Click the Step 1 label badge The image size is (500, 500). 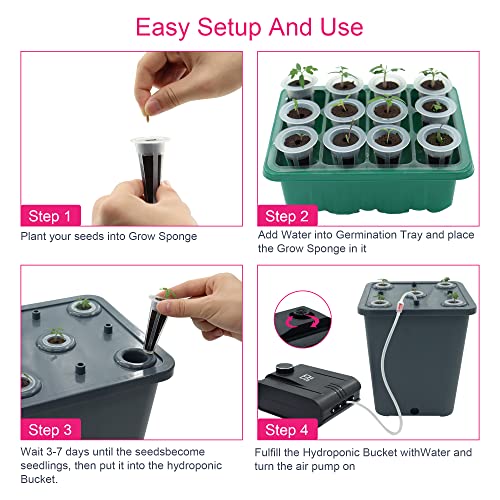[x=50, y=216]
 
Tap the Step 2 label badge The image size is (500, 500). [x=287, y=216]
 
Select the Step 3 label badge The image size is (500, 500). [x=50, y=429]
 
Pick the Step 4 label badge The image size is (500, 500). [x=287, y=429]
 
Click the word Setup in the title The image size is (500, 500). [x=230, y=28]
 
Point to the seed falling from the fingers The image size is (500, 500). [x=148, y=118]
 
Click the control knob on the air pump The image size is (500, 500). [x=284, y=368]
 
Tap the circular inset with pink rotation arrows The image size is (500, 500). [x=303, y=319]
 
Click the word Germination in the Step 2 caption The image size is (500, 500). [x=366, y=235]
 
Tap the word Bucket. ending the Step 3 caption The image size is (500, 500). [x=39, y=479]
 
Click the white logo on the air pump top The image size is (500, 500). [x=305, y=378]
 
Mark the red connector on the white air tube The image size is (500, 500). [x=400, y=306]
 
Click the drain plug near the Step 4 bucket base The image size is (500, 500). [x=414, y=411]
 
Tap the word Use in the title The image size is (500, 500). [x=342, y=27]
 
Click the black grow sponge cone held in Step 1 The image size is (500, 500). [x=150, y=170]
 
